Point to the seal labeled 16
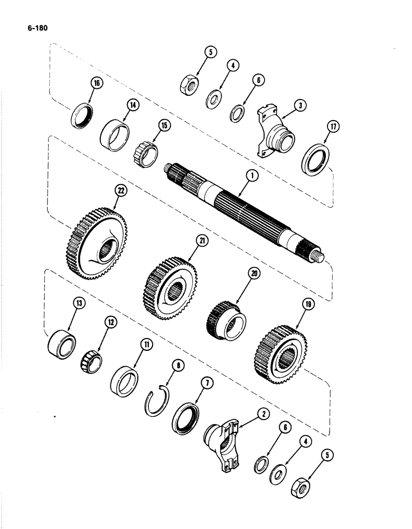(x=82, y=115)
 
